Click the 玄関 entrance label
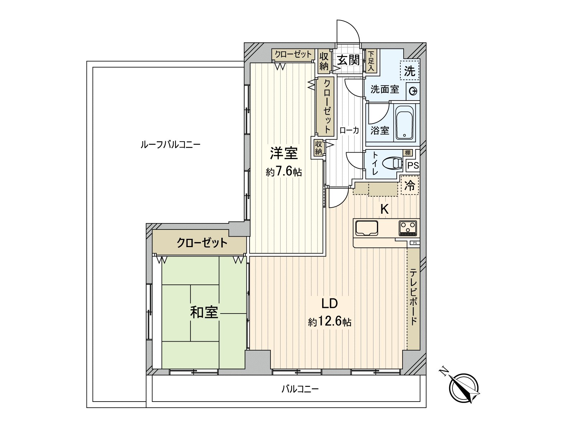click(x=348, y=60)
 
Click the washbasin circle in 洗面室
click(x=413, y=91)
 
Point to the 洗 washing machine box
click(x=410, y=70)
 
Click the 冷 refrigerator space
click(x=410, y=185)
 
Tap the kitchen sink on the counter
click(x=366, y=228)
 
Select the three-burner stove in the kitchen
click(x=408, y=227)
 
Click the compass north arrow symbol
click(x=464, y=388)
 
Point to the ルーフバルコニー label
click(x=170, y=145)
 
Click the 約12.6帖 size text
click(x=329, y=322)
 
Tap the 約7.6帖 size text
click(x=283, y=172)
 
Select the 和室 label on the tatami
click(x=204, y=312)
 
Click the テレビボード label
click(x=413, y=297)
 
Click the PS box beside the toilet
click(x=413, y=166)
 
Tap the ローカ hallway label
click(x=349, y=130)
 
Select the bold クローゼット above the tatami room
click(x=202, y=243)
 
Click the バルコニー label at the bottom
click(x=300, y=389)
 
